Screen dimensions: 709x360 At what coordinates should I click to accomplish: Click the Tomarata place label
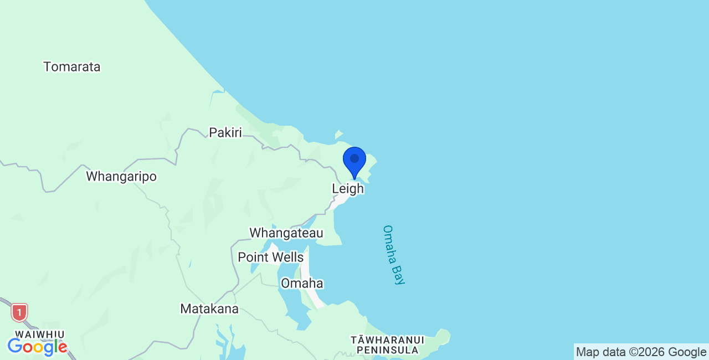[x=72, y=67]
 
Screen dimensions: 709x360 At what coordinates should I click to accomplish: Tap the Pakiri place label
[x=225, y=132]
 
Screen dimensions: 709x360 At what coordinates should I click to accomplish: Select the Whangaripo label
[x=121, y=177]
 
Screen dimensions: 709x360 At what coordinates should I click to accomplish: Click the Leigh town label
[x=348, y=189]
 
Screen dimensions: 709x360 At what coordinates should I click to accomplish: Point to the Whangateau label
[x=286, y=233]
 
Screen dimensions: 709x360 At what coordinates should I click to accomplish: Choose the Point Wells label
[x=270, y=258]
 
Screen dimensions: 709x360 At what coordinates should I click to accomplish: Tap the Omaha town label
[x=302, y=284]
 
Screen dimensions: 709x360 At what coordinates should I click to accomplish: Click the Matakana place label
[x=209, y=309]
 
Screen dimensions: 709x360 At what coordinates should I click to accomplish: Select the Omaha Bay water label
[x=394, y=255]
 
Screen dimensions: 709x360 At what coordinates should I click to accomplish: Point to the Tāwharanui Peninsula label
[x=387, y=344]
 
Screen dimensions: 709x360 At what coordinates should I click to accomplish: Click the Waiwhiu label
[x=39, y=335]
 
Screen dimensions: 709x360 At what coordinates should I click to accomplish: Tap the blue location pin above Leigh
[x=354, y=161]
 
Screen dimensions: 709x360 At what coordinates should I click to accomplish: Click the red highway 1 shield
[x=19, y=312]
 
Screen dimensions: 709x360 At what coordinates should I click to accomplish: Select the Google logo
[x=38, y=347]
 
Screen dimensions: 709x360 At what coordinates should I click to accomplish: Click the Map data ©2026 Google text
[x=641, y=352]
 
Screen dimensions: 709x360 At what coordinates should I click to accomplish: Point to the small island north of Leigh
[x=338, y=134]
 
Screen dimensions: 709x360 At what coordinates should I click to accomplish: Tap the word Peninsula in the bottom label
[x=387, y=350]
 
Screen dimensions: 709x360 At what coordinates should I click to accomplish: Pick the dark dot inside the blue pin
[x=354, y=158]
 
